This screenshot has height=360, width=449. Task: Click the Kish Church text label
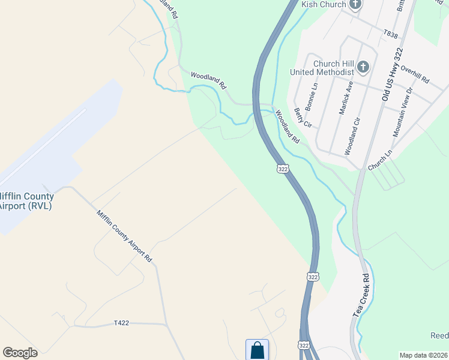(324, 4)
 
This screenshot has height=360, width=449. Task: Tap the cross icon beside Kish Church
(355, 4)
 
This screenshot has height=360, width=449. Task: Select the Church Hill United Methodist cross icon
(363, 67)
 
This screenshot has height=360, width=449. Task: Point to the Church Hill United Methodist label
(322, 67)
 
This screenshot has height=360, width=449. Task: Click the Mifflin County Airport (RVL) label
(26, 201)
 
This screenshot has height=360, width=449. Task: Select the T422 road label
(122, 323)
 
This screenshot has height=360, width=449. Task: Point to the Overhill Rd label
(415, 74)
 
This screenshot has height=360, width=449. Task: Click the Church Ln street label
(380, 160)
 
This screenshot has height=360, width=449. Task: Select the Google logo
(20, 353)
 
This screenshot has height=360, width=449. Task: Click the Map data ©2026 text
(423, 355)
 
